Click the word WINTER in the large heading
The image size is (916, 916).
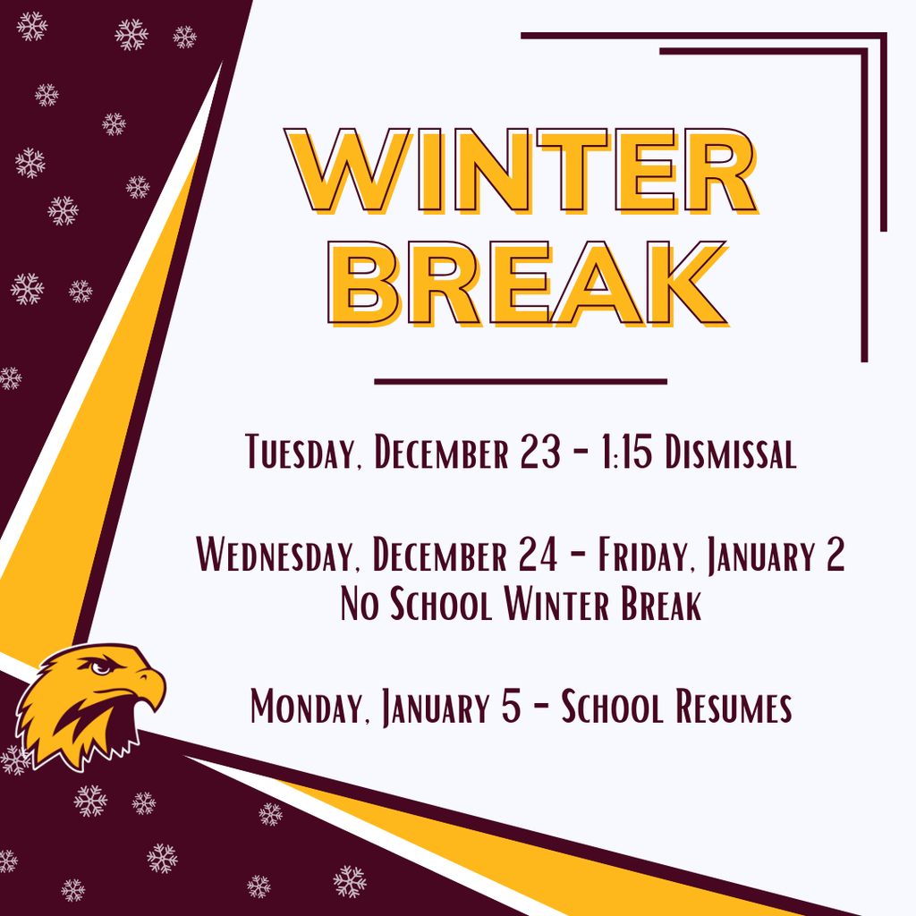click(522, 170)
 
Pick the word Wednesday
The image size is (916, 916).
click(271, 556)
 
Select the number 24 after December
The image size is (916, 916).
click(539, 556)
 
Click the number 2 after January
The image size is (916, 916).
click(834, 556)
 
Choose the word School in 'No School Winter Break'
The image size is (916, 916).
click(441, 606)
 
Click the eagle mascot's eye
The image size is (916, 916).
click(101, 667)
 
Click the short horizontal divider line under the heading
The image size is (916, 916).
click(521, 382)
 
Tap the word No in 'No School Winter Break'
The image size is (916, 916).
click(361, 606)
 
